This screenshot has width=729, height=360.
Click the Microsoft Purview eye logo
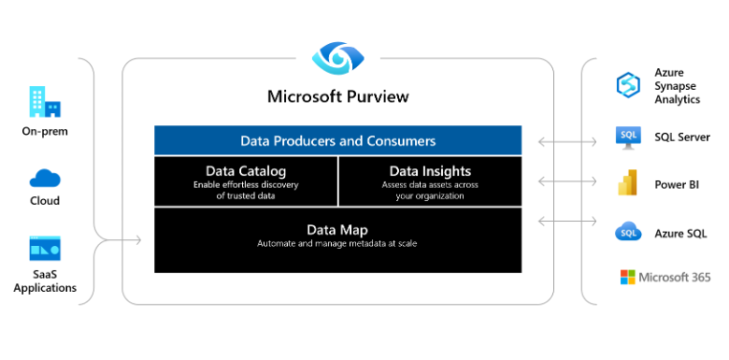pyautogui.click(x=337, y=58)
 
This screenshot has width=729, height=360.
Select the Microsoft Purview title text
pyautogui.click(x=337, y=96)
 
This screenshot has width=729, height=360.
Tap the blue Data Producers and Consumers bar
pyautogui.click(x=337, y=141)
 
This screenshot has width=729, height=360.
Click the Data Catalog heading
pyautogui.click(x=246, y=171)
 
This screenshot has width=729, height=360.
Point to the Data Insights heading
pyautogui.click(x=430, y=171)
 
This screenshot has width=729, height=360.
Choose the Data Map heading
pyautogui.click(x=337, y=229)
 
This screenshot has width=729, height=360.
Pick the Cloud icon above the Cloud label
pyautogui.click(x=45, y=178)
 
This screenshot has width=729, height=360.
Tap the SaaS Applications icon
pyautogui.click(x=45, y=249)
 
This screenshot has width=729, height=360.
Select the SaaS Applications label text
pyautogui.click(x=45, y=281)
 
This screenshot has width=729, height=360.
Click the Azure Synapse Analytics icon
pyautogui.click(x=627, y=85)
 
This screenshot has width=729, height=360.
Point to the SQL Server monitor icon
pyautogui.click(x=627, y=137)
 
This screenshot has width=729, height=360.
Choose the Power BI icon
pyautogui.click(x=627, y=184)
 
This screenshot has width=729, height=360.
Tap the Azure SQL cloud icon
pyautogui.click(x=627, y=233)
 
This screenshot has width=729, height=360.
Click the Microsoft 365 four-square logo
pyautogui.click(x=627, y=277)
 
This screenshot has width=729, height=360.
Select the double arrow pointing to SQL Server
pyautogui.click(x=567, y=142)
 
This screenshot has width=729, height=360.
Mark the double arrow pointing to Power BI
pyautogui.click(x=567, y=182)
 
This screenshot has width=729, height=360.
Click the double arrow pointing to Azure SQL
pyautogui.click(x=567, y=222)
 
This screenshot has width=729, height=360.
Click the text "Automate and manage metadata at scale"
pyautogui.click(x=337, y=244)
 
